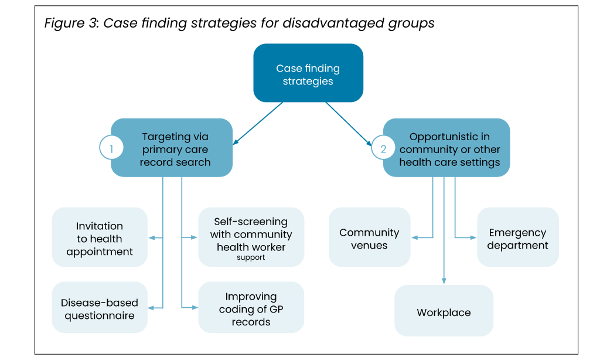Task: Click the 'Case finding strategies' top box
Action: (x=308, y=73)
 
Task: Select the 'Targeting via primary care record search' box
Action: (x=172, y=148)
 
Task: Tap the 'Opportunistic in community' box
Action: (x=446, y=148)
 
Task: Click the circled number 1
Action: (x=111, y=148)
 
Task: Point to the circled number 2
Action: (x=383, y=148)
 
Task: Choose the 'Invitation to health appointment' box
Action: (x=100, y=237)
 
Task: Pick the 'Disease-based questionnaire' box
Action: (x=100, y=308)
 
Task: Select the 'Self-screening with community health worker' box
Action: (x=251, y=237)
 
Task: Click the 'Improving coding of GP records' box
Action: (x=251, y=308)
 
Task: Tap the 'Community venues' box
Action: (x=369, y=237)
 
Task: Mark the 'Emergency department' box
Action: (x=518, y=237)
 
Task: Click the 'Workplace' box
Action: (x=444, y=311)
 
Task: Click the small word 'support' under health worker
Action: (x=251, y=257)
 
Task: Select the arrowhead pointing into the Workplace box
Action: (x=444, y=281)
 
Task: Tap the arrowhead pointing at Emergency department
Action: (x=473, y=237)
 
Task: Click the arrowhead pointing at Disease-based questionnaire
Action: (x=151, y=308)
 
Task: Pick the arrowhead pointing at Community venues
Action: (x=414, y=237)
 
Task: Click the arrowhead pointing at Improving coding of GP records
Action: (x=195, y=308)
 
